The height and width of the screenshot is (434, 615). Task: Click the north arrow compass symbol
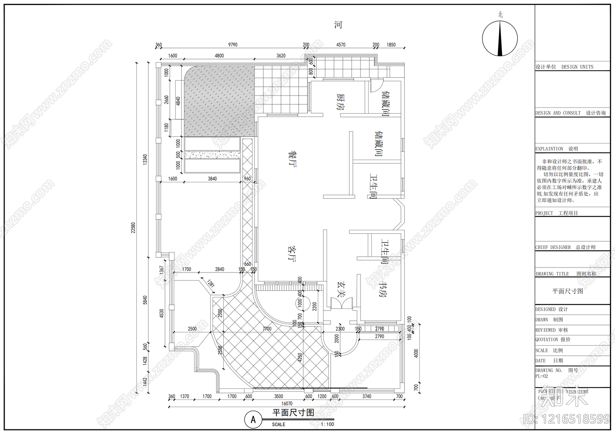pos(500,38)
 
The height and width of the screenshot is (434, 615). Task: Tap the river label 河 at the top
pos(338,25)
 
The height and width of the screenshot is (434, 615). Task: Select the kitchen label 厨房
pos(340,101)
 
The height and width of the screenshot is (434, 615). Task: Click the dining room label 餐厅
pos(292,158)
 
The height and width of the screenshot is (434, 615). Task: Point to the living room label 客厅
pos(292,253)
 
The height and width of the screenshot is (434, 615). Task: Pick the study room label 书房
pos(383,290)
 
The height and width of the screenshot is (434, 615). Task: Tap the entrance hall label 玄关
pos(341,289)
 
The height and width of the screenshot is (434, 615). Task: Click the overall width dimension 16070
pos(287,404)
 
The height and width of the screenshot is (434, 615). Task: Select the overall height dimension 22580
pos(133,228)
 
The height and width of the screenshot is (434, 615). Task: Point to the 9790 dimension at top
pos(233,45)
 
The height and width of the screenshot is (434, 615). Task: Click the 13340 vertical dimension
pos(145,159)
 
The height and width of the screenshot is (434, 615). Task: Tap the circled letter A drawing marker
pos(253,419)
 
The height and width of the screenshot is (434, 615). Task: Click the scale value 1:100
pos(327,424)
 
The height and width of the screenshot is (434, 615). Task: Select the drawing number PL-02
pos(542,376)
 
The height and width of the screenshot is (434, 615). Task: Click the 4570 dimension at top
pos(341,45)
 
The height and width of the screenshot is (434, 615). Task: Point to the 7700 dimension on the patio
pos(267,329)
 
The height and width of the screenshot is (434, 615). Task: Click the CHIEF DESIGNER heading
pos(553,248)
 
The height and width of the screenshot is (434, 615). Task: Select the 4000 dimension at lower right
pos(416,353)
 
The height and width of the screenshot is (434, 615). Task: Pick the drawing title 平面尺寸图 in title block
pos(567,291)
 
